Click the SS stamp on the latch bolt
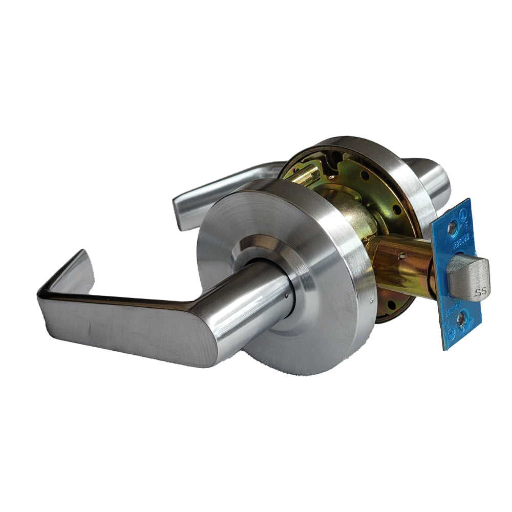[x=480, y=293]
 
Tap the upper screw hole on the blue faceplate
[x=451, y=227]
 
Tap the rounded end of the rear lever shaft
[x=440, y=179]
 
